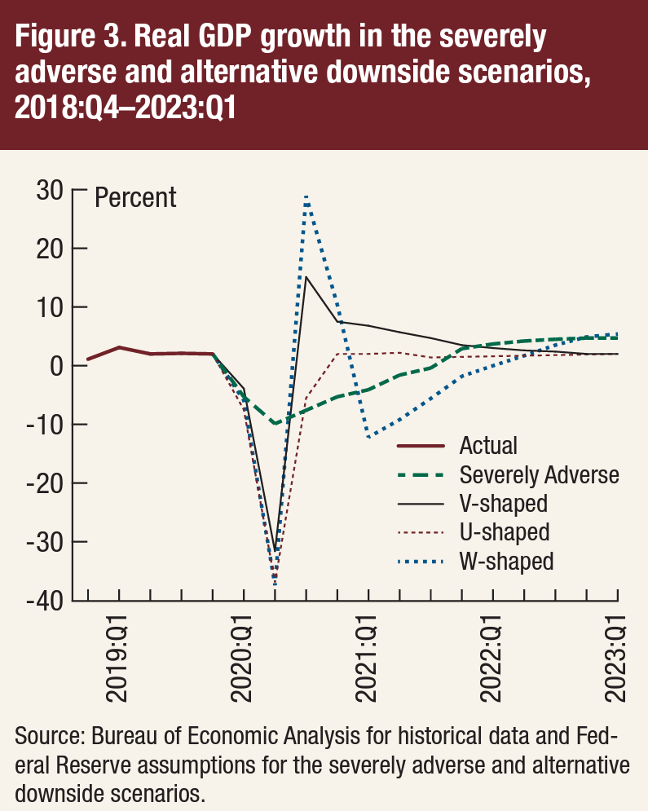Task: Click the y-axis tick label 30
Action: click(x=51, y=191)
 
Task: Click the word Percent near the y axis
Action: click(x=135, y=198)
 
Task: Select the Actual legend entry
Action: click(x=488, y=446)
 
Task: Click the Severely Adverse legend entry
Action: click(x=539, y=475)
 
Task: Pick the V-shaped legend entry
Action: click(x=503, y=504)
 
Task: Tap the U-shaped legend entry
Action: click(x=504, y=532)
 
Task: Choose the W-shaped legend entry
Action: click(x=506, y=562)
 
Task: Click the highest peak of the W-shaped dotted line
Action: click(x=306, y=196)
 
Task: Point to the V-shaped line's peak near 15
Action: click(x=306, y=277)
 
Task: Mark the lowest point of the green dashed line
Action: click(x=276, y=424)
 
